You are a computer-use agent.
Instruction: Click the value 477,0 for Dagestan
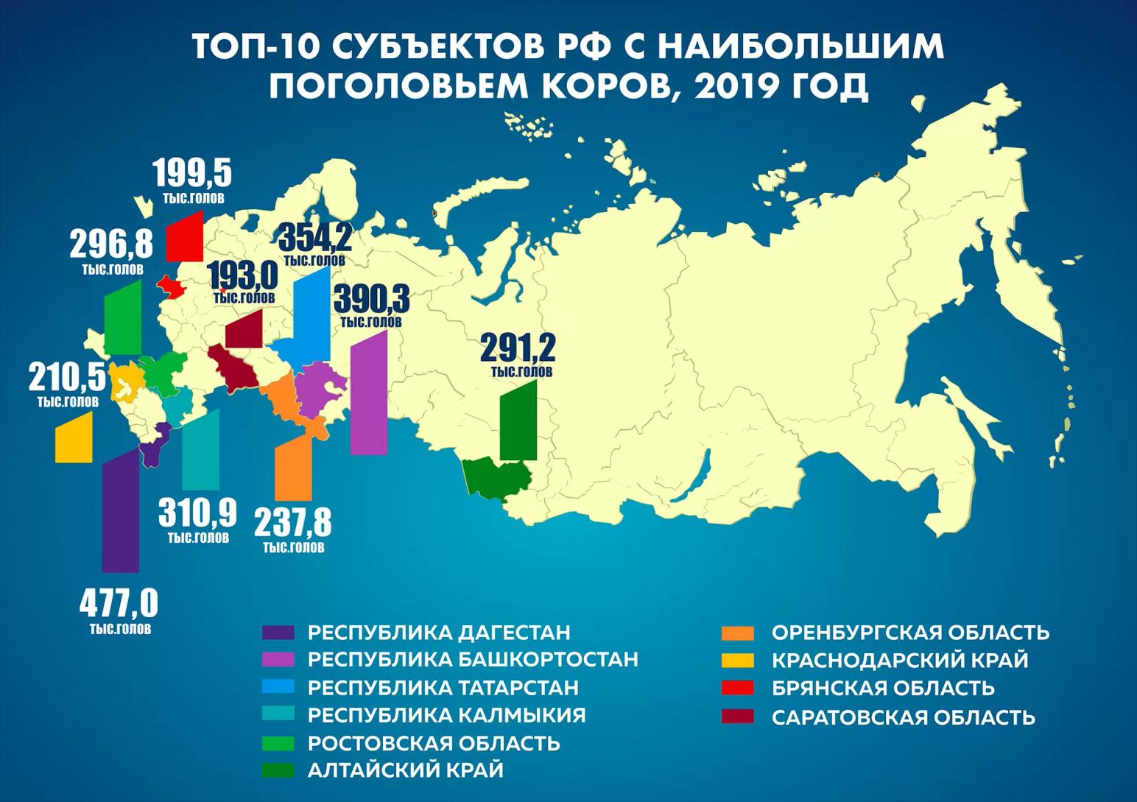pos(119,603)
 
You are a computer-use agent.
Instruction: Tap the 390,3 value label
pos(371,300)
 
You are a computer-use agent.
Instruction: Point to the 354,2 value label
pos(314,239)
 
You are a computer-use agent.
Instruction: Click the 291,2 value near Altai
pos(518,348)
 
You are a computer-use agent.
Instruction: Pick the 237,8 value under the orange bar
pos(293,523)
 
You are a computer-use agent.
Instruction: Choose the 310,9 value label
pos(197,513)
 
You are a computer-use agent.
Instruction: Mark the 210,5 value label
pos(68,379)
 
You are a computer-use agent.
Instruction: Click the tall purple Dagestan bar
pos(120,512)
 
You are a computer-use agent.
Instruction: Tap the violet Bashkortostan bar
pos(369,394)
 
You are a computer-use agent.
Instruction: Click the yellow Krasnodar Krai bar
pos(74,439)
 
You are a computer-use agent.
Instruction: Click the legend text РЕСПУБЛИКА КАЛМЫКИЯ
pos(446,714)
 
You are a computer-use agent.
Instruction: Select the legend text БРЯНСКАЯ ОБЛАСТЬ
pos(883,689)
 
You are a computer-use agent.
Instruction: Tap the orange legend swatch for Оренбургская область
pos(738,633)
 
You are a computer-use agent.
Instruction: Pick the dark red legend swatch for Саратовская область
pos(738,717)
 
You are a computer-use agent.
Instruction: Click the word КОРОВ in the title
pos(592,86)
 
